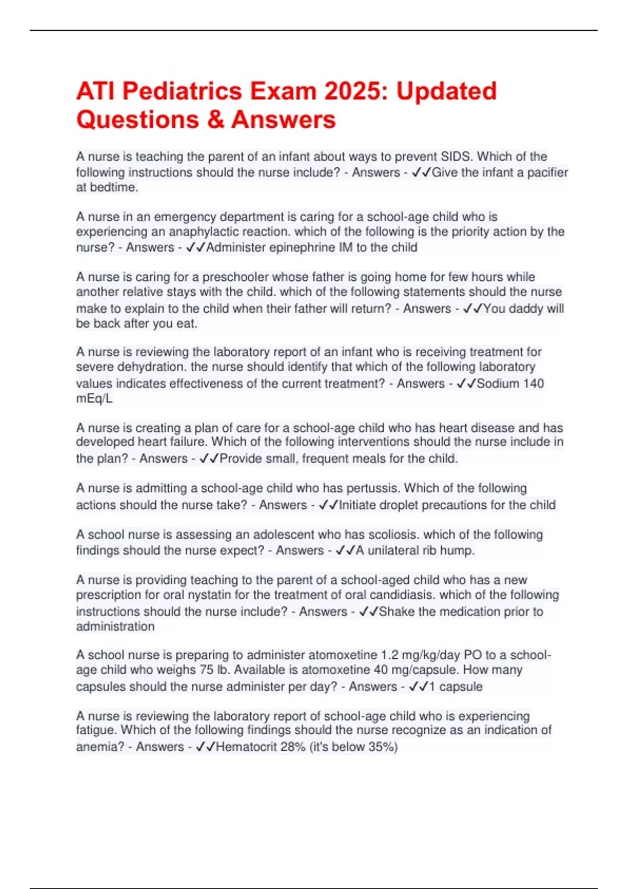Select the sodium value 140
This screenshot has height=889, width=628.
coord(533,383)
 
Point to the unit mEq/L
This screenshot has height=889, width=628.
coord(94,398)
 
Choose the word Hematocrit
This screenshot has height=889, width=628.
coord(246,747)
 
